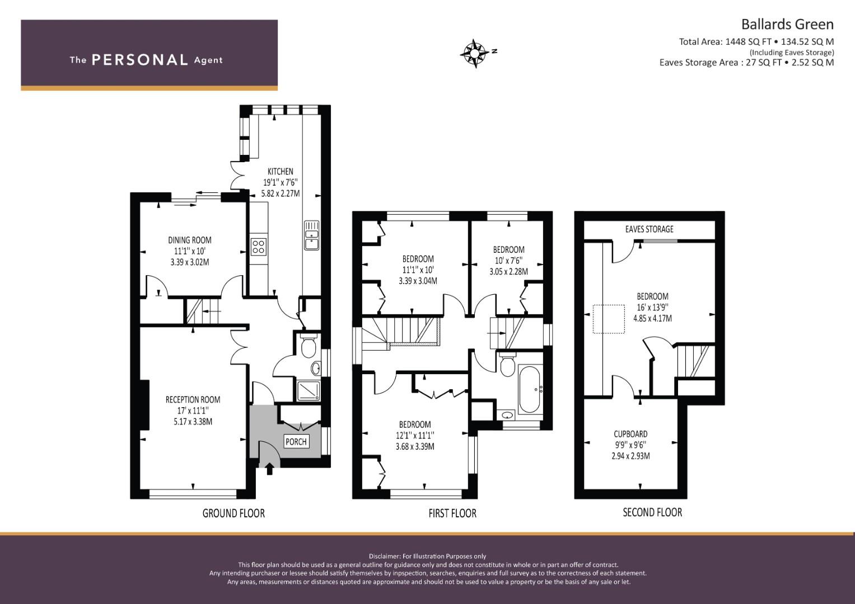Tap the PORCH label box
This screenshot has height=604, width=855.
tap(296, 442)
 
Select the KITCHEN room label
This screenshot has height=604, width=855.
tap(280, 172)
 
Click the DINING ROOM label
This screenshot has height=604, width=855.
tap(190, 240)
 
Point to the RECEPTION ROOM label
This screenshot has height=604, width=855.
tap(193, 400)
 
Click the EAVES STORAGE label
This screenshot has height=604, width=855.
tap(650, 229)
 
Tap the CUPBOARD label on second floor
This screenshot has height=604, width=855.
tap(630, 434)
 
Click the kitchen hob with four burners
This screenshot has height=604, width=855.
tap(259, 246)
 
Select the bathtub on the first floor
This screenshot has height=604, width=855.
tap(529, 389)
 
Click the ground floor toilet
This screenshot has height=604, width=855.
tap(308, 345)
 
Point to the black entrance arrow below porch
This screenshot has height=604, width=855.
tap(269, 469)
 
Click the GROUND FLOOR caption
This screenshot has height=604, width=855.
tap(233, 513)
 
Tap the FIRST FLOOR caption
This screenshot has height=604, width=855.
tap(452, 513)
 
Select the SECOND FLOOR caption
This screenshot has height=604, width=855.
tap(652, 512)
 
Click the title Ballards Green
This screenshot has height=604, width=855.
tap(787, 25)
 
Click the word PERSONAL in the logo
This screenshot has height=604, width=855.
tap(140, 60)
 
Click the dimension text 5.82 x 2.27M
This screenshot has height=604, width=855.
tap(280, 194)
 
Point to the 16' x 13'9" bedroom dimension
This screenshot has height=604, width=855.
tap(652, 308)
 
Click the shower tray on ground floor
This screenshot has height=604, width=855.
tap(309, 390)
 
